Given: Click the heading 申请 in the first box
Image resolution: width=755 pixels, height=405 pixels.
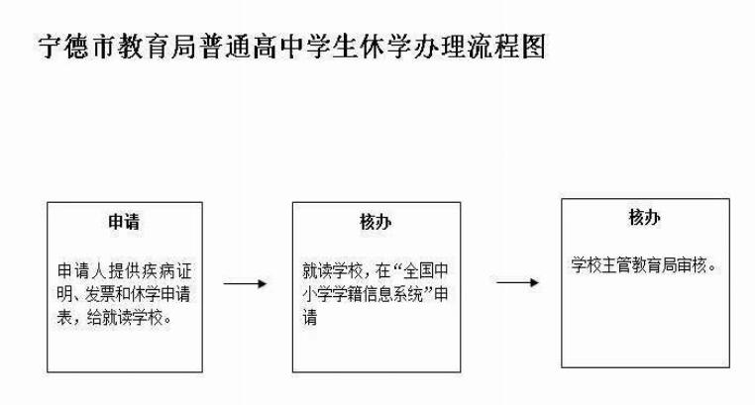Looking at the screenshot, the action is pos(124,222).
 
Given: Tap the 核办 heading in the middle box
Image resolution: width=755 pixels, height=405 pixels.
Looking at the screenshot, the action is pos(376,222).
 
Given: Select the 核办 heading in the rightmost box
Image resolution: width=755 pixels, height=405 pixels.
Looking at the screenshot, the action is pos(644,218).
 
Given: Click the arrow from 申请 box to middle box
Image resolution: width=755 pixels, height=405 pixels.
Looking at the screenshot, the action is pos(245,284).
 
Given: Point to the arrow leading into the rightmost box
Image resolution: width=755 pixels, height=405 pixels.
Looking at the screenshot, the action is pos(517,282).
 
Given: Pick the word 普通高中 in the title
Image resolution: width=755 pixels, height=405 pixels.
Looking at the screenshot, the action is pos(251,47).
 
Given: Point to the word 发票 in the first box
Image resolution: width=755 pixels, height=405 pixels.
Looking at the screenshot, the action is pos(99,294).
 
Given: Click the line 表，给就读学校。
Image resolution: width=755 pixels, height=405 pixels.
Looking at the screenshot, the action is pos(115,318).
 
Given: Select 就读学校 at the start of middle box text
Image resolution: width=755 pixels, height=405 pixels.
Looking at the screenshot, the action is pos(332,271).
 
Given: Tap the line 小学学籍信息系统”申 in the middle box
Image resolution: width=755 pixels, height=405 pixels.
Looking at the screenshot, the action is pos(376,294).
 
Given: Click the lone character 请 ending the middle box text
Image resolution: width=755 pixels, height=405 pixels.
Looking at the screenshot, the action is pos(310,318).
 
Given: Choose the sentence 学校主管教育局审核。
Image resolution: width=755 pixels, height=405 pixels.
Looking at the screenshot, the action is pos(644,265).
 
